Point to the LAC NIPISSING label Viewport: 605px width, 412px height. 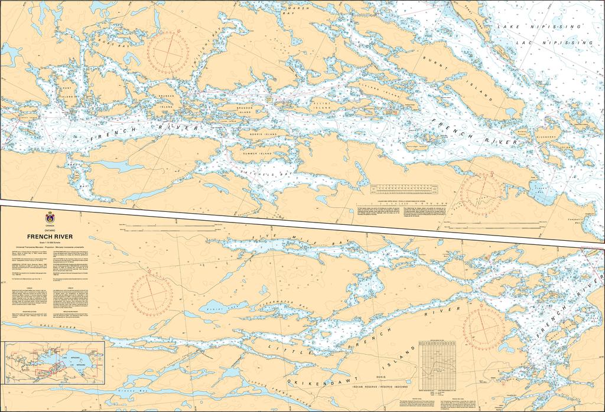(552, 42)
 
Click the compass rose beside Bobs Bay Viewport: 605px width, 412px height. (168, 49)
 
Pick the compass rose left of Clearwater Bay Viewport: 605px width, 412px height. (152, 295)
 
